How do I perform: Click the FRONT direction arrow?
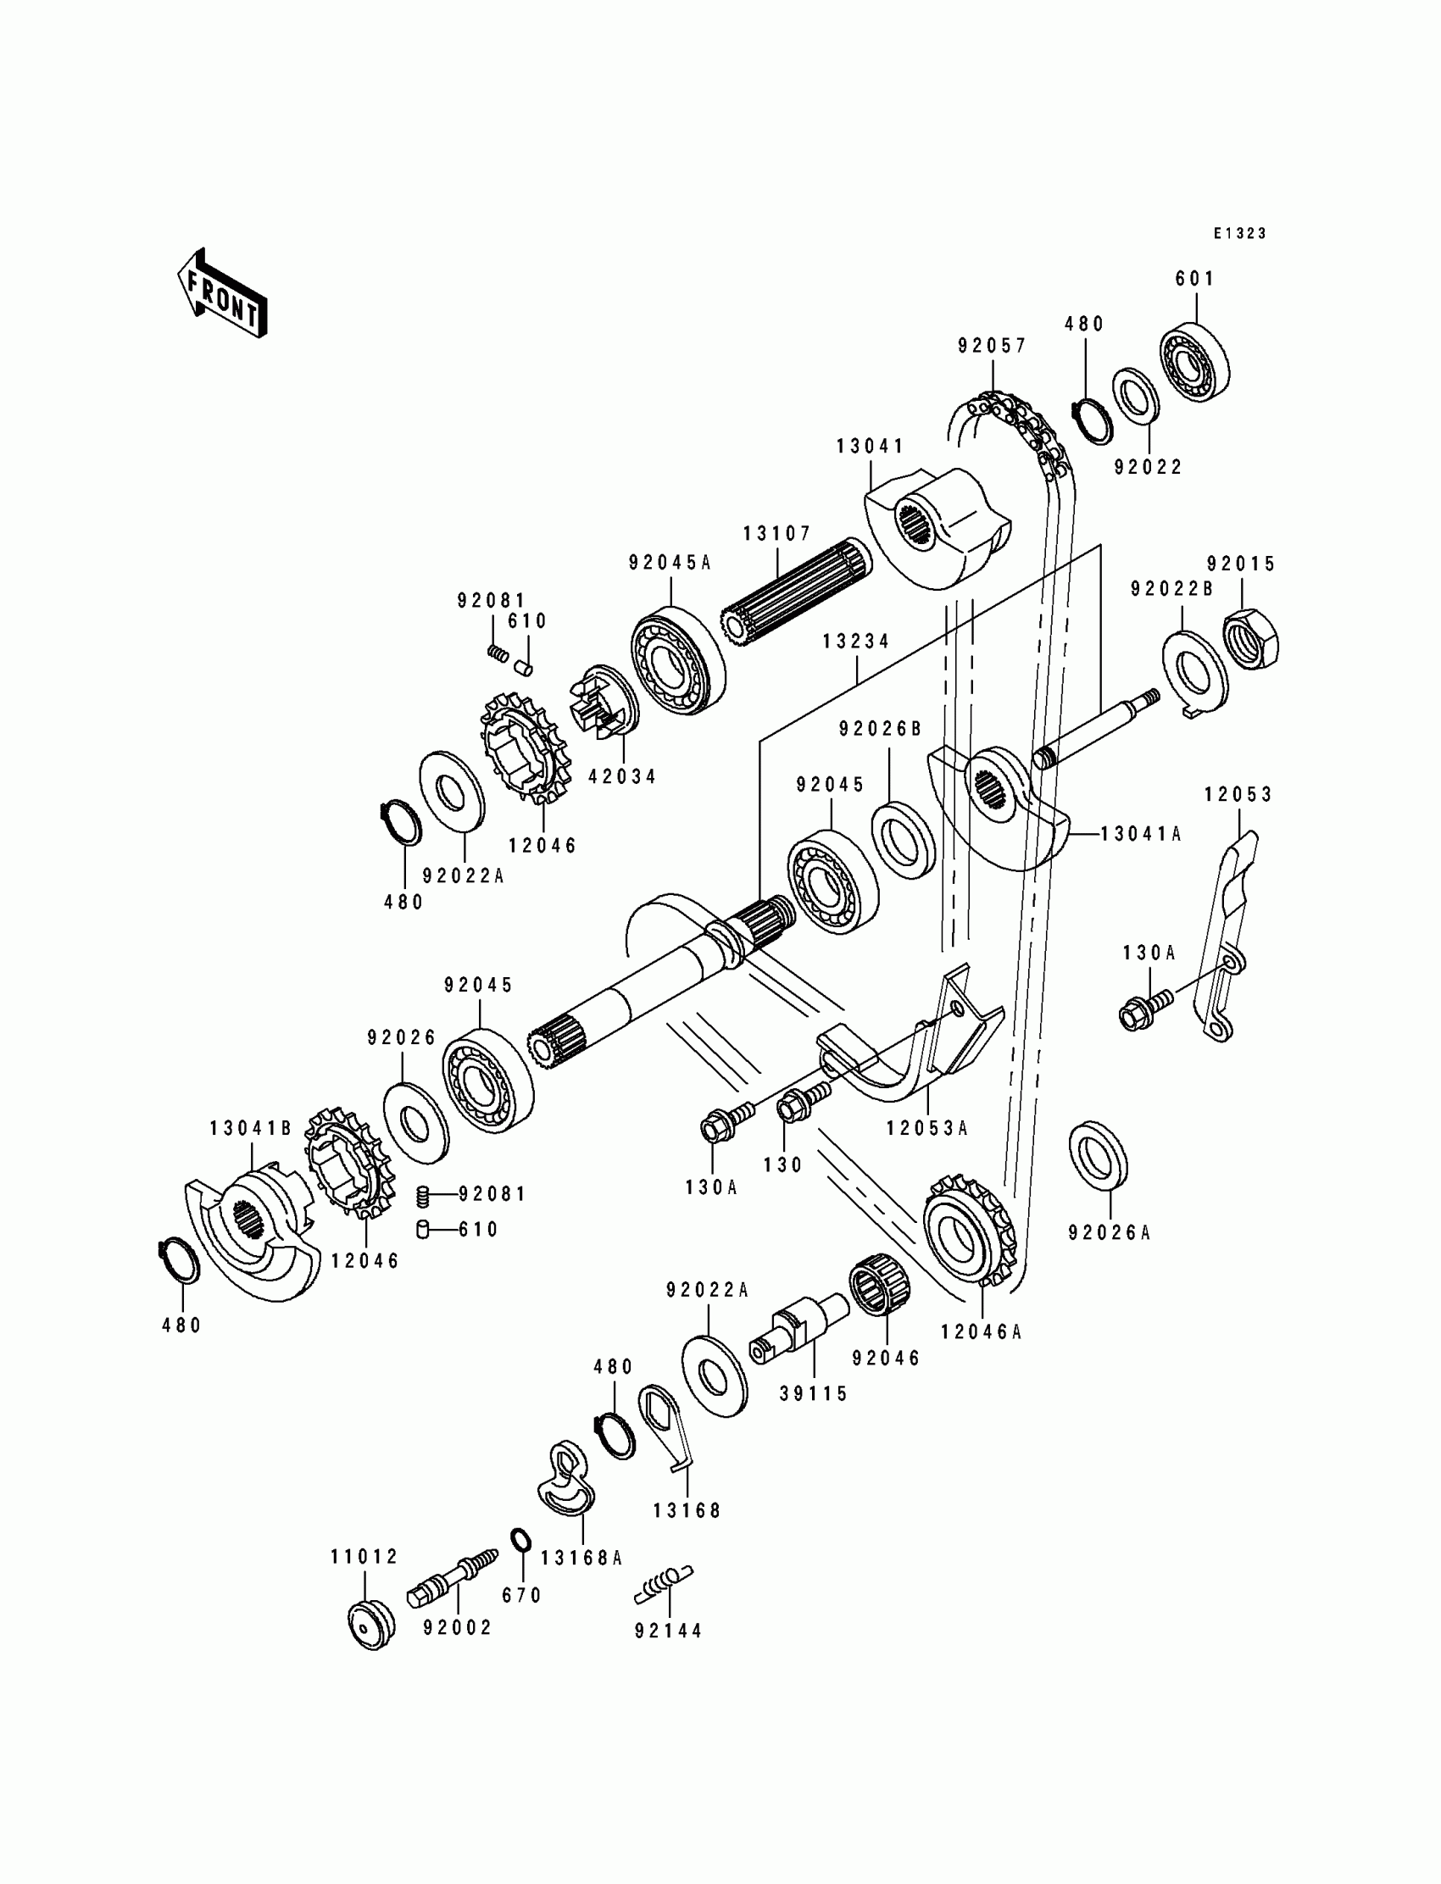coord(222,294)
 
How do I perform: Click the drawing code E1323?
coord(1239,233)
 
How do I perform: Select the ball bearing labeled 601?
coord(1195,364)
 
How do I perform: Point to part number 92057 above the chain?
coord(993,346)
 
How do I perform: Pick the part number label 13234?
coord(856,642)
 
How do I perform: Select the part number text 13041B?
coord(251,1129)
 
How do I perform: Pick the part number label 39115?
coord(813,1394)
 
